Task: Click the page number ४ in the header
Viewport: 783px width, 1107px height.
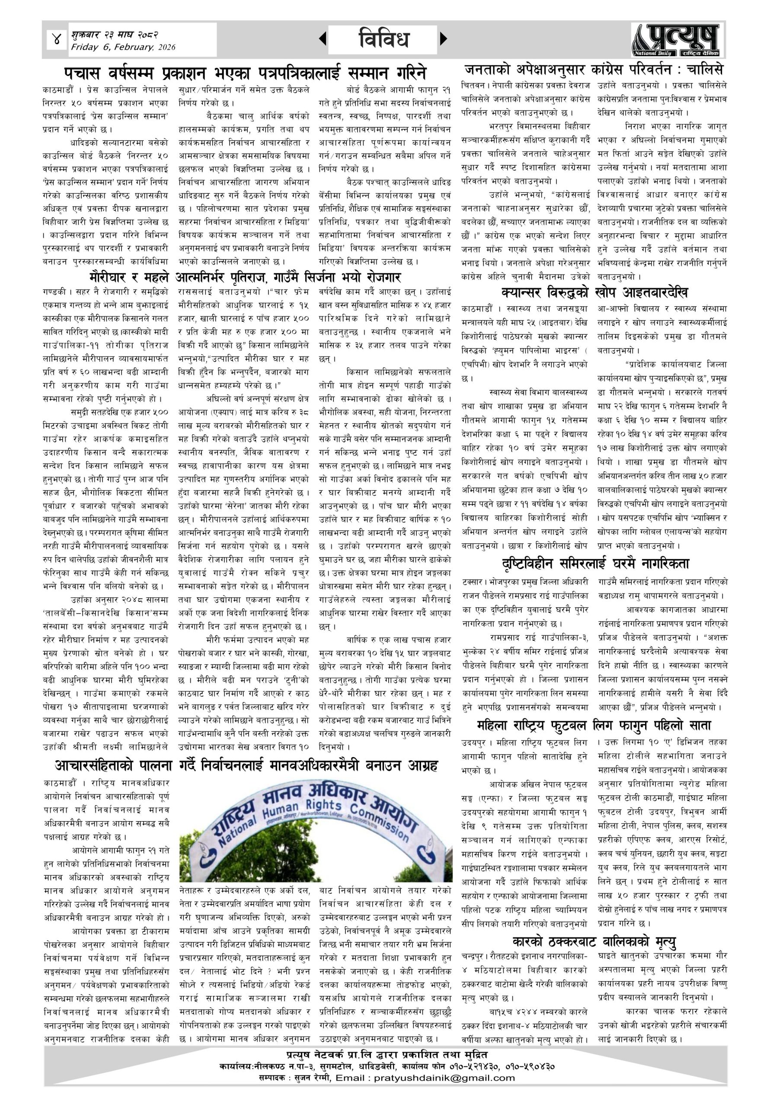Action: (58, 39)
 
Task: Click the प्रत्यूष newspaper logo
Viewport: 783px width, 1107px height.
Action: (675, 39)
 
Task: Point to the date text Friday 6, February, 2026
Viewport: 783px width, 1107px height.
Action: (123, 47)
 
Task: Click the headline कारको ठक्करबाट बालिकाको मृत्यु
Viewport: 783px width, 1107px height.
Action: (594, 941)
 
